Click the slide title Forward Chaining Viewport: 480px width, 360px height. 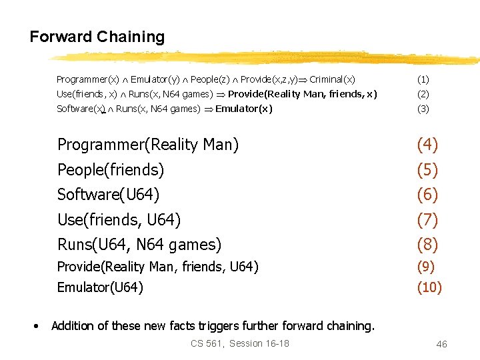pos(97,37)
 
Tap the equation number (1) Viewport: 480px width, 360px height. pos(423,79)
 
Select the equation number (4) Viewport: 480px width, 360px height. pos(427,145)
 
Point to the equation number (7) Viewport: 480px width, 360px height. pos(427,220)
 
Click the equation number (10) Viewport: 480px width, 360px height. pos(429,288)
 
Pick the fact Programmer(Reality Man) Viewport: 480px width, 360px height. pos(148,145)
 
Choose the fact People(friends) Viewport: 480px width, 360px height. pos(111,170)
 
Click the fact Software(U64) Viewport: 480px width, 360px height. pos(108,195)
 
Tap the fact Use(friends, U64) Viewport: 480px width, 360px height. pos(119,220)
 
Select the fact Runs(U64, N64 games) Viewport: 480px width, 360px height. pos(139,245)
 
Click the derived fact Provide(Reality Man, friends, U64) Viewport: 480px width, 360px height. pos(157,267)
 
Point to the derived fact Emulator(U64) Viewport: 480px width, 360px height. pos(100,288)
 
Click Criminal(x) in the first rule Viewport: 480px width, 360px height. pos(332,79)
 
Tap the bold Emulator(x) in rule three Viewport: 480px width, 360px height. pos(244,109)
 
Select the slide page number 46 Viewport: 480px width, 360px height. pos(441,344)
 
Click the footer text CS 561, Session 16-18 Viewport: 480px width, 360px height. pos(240,343)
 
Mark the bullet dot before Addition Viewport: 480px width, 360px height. pos(37,326)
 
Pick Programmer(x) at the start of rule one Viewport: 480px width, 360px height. pos(88,79)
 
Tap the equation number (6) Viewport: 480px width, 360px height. pos(427,195)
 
